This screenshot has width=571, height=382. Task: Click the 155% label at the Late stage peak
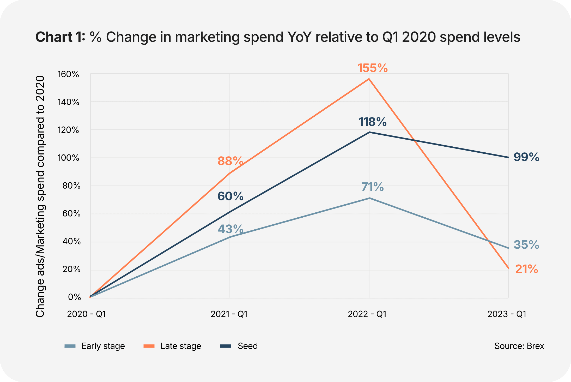[x=372, y=68]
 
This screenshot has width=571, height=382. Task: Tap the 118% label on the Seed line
[x=372, y=122]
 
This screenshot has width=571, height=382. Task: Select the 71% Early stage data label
[x=372, y=187]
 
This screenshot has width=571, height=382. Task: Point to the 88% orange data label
[x=230, y=161]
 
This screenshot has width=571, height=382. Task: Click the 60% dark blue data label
[x=230, y=196]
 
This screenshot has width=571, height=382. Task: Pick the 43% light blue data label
[x=230, y=229]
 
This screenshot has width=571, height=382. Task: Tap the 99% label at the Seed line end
[x=526, y=157]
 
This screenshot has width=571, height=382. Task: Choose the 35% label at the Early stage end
[x=526, y=245]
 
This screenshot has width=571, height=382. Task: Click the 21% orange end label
[x=526, y=269]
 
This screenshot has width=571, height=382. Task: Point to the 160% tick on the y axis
[x=68, y=74]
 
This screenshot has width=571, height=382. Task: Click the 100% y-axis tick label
[x=68, y=158]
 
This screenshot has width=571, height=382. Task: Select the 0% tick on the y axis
[x=74, y=297]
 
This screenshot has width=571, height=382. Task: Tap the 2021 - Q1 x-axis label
[x=229, y=314]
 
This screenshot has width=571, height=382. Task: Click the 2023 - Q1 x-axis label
[x=507, y=314]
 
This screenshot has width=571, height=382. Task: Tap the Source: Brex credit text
[x=519, y=346]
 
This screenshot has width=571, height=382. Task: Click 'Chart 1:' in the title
[x=60, y=37]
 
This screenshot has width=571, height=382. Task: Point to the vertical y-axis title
[x=40, y=196]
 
